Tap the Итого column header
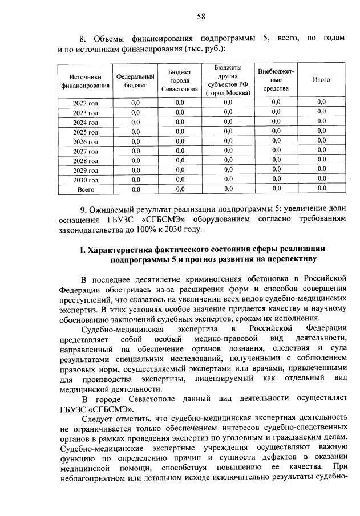coord(321,80)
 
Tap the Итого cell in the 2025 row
coord(321,132)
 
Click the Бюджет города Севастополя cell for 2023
coord(180,113)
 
